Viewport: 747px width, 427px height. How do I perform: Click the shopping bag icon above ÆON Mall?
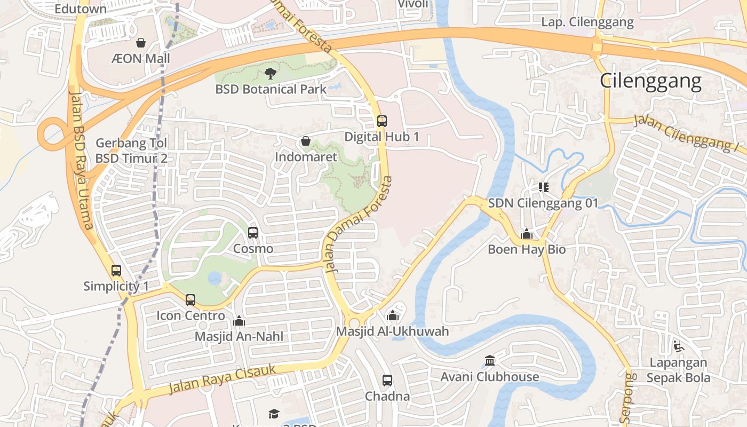[x=141, y=43]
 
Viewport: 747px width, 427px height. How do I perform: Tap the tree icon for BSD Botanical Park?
[x=271, y=74]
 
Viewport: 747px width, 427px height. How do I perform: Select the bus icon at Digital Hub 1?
[x=382, y=121]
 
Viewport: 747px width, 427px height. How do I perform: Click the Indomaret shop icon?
[x=306, y=141]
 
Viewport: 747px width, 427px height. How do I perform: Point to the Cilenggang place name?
[x=650, y=81]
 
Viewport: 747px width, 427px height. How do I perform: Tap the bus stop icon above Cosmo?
[x=253, y=233]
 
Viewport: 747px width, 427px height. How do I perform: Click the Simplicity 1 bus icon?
[x=116, y=271]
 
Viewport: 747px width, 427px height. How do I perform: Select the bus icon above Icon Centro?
[x=190, y=300]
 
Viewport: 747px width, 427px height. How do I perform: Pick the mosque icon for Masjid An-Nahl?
[x=239, y=321]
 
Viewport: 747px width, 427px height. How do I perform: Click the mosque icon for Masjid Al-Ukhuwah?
[x=393, y=315]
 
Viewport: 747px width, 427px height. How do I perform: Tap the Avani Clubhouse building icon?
[x=489, y=361]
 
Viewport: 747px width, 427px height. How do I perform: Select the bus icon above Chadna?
[x=387, y=381]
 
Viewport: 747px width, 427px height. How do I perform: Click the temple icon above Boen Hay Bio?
[x=527, y=234]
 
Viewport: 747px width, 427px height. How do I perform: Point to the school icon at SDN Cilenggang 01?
[x=543, y=187]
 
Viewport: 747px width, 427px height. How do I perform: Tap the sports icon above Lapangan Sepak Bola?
[x=678, y=346]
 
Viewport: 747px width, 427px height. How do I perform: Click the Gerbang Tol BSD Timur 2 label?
[x=131, y=151]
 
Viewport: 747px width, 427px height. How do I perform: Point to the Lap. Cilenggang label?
[x=587, y=22]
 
